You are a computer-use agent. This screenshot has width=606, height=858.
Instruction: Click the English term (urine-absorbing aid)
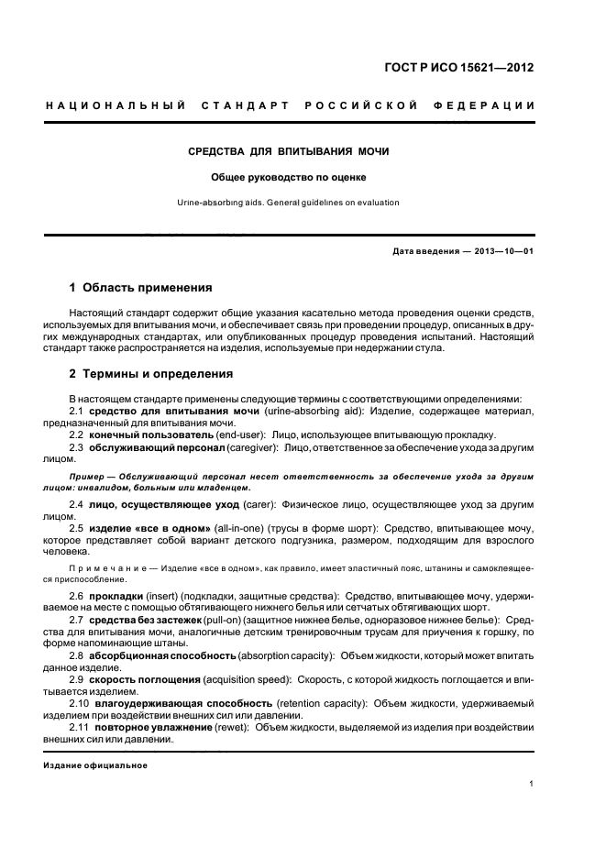(314, 411)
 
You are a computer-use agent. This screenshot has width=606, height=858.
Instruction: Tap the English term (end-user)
(240, 434)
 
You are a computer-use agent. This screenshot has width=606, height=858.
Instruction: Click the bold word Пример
(87, 478)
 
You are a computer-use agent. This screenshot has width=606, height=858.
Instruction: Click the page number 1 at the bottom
(532, 784)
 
